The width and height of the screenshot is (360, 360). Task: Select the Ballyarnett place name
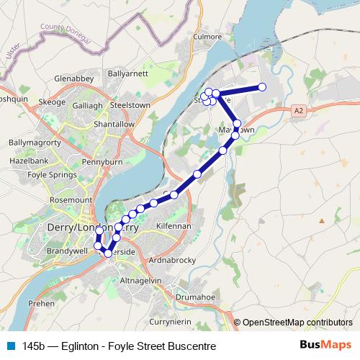[x=127, y=73]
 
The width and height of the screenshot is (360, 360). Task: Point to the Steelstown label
[x=130, y=105]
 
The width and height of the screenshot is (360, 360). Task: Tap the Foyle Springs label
[x=52, y=175]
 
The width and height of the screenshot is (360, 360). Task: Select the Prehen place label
[x=40, y=304]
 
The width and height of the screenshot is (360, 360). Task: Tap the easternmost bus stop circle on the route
[x=262, y=87]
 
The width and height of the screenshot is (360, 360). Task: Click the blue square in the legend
[x=10, y=346]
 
